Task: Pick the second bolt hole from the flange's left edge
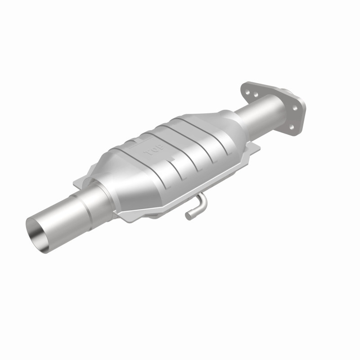point(255,96)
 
